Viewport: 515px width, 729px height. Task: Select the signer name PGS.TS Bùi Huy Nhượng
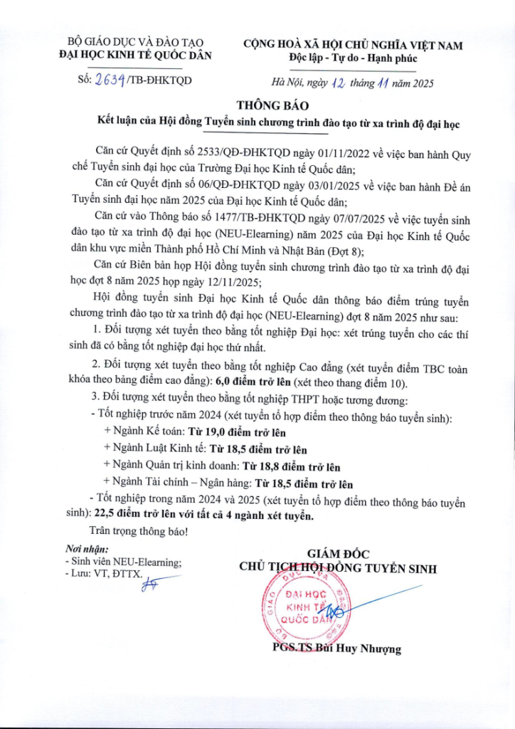pyautogui.click(x=336, y=649)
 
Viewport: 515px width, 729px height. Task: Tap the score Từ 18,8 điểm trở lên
pyautogui.click(x=293, y=467)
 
